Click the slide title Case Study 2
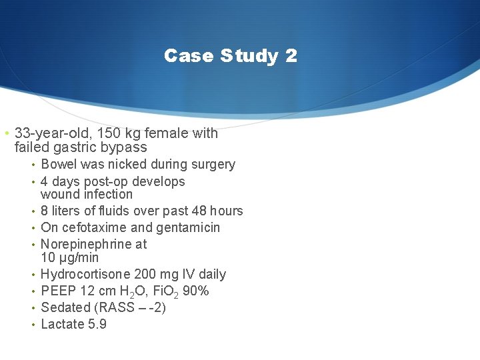pyautogui.click(x=231, y=55)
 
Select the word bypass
pyautogui.click(x=123, y=147)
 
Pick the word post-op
pyautogui.click(x=106, y=181)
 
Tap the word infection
pyautogui.click(x=109, y=195)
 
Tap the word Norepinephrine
pyautogui.click(x=86, y=245)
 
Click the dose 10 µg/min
pyautogui.click(x=69, y=258)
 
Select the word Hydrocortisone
pyautogui.click(x=85, y=275)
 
